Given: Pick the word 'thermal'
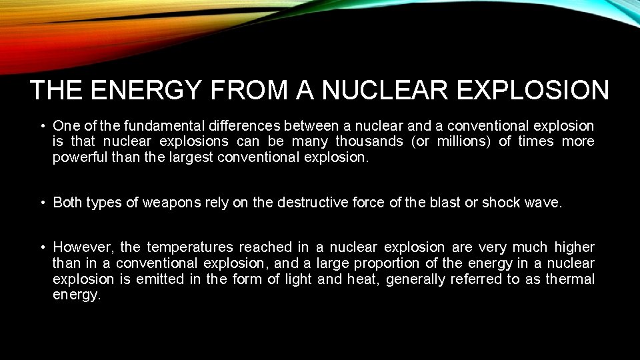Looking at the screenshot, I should click(x=570, y=279).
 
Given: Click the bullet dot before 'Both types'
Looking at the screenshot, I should click(x=42, y=203).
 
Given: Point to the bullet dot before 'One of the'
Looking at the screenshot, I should click(x=42, y=125).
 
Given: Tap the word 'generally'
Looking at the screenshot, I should click(x=415, y=279).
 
